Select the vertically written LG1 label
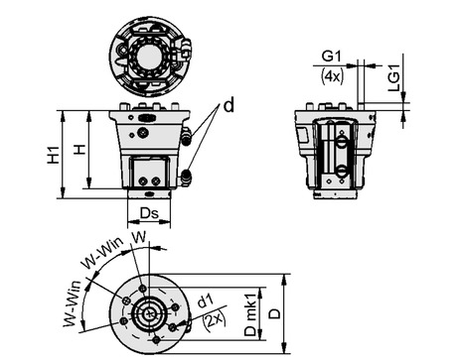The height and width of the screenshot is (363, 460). (x=393, y=76)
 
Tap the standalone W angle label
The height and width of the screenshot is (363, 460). (x=140, y=237)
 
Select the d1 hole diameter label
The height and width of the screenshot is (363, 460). (x=206, y=300)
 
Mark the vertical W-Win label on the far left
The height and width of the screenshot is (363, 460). (x=72, y=306)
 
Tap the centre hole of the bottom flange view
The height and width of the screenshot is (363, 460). (x=149, y=312)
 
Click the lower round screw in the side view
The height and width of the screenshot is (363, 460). (x=342, y=173)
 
